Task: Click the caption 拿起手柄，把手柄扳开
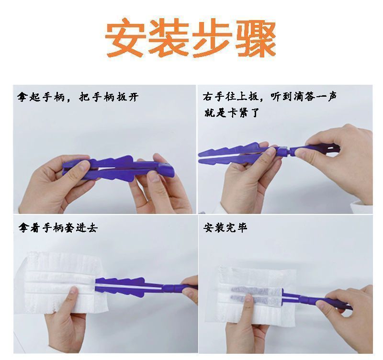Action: tap(78, 97)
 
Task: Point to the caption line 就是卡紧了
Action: tap(232, 113)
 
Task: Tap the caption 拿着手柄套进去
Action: tap(58, 227)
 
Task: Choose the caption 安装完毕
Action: tap(225, 227)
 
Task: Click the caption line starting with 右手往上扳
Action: tap(270, 97)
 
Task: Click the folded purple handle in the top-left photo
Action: tap(118, 168)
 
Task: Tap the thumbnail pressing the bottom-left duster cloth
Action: tap(74, 291)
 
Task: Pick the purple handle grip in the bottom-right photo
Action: tap(327, 303)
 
